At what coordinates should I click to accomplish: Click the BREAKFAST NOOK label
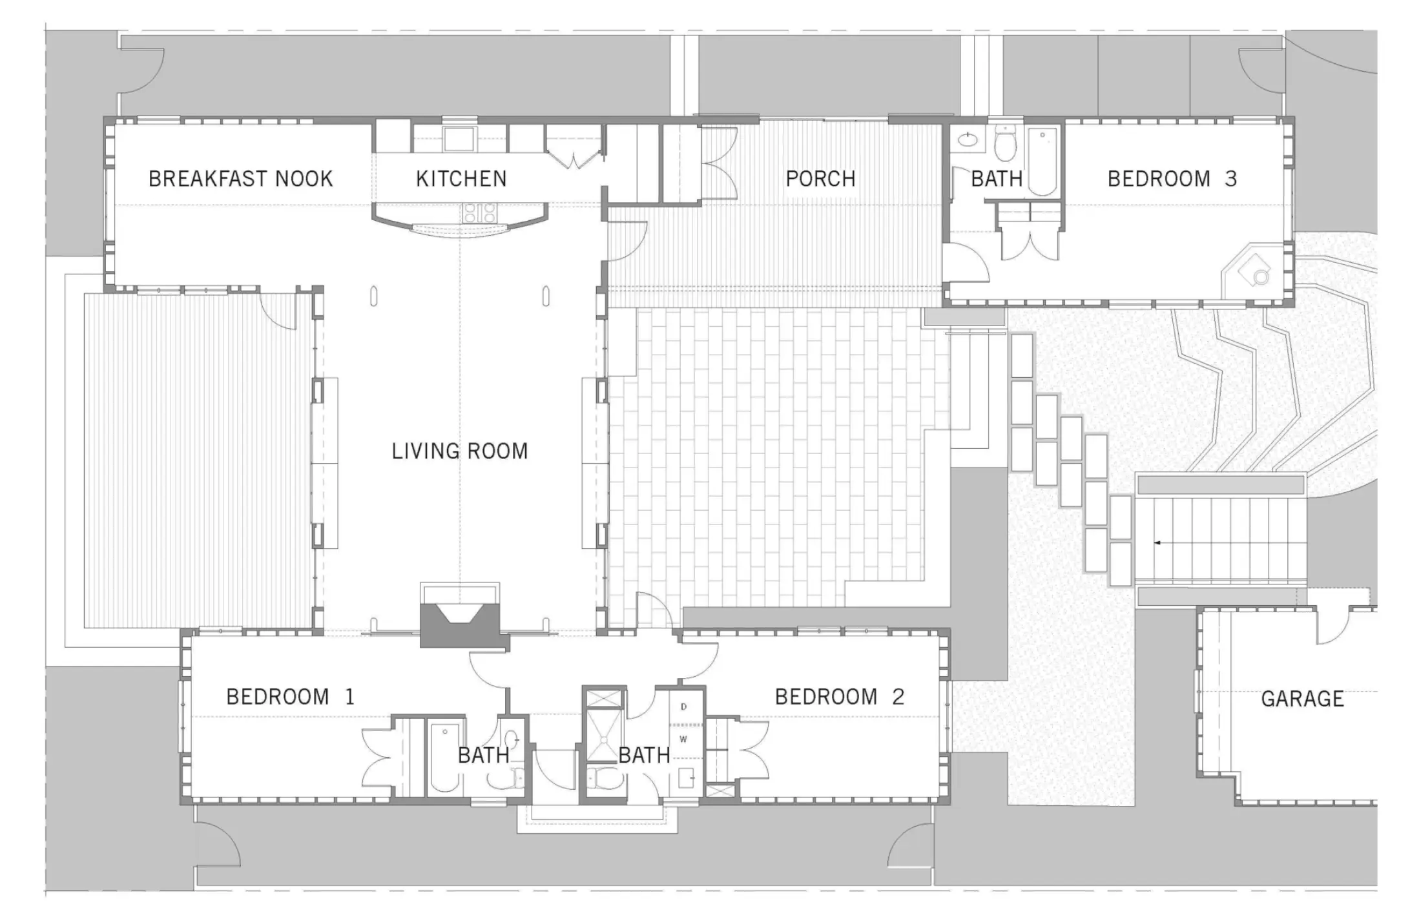pos(240,179)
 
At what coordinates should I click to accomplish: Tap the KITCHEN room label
pos(461,179)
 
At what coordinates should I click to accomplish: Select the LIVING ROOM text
pos(459,451)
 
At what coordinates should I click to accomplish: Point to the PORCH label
pos(820,179)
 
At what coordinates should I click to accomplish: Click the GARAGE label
pos(1302,699)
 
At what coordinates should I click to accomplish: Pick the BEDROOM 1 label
pos(290,697)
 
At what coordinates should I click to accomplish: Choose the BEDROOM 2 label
pos(839,697)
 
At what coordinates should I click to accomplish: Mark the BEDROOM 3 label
pos(1172,179)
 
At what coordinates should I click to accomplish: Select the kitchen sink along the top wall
pos(459,139)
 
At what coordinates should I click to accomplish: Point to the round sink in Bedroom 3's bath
pos(967,139)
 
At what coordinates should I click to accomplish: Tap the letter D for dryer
pos(683,707)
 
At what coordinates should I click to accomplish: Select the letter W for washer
pos(683,739)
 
